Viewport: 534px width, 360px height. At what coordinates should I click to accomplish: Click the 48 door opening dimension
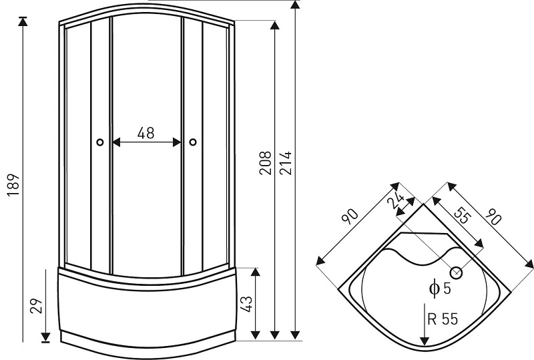click(146, 133)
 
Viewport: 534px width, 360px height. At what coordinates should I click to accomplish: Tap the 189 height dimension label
click(13, 185)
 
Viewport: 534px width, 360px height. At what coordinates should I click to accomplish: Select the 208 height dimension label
click(265, 163)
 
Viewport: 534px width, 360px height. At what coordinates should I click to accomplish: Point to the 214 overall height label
click(286, 163)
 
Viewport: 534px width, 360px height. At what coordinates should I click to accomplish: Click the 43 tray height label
click(246, 304)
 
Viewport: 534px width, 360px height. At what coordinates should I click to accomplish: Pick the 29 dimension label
click(36, 306)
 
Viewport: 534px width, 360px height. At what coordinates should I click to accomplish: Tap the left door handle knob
click(99, 142)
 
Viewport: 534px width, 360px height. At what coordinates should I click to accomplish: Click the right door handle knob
click(193, 142)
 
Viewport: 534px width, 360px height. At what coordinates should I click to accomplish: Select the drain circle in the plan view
click(456, 273)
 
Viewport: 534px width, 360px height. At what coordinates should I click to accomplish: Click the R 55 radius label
click(443, 319)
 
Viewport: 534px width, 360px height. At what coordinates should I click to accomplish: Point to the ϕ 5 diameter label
click(440, 289)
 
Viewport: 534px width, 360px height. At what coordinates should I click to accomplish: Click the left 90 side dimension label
click(350, 216)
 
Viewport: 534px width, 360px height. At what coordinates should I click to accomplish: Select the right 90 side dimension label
click(493, 217)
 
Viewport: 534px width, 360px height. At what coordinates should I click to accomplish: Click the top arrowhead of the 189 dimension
click(23, 21)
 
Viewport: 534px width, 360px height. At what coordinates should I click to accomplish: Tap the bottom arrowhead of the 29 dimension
click(45, 337)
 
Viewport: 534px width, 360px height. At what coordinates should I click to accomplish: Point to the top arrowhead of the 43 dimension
click(255, 273)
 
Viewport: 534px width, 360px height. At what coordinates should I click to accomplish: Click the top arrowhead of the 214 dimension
click(296, 5)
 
